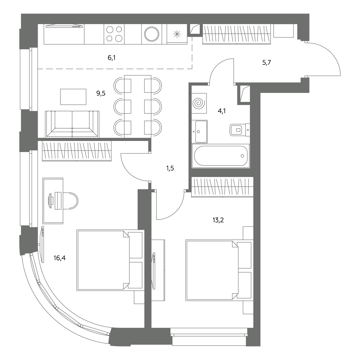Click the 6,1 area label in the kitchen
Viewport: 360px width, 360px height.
pyautogui.click(x=112, y=58)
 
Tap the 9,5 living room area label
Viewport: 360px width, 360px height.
pyautogui.click(x=101, y=93)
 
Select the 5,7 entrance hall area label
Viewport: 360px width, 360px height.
pyautogui.click(x=267, y=63)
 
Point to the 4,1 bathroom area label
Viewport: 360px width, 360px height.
pyautogui.click(x=222, y=111)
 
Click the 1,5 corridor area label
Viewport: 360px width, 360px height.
pyautogui.click(x=170, y=169)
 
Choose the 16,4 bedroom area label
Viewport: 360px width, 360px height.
pyautogui.click(x=60, y=258)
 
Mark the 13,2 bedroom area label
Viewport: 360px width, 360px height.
pyautogui.click(x=218, y=220)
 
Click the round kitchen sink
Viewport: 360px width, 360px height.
pyautogui.click(x=152, y=34)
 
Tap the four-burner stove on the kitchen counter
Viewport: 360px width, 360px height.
pyautogui.click(x=114, y=34)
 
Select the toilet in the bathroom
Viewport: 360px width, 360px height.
pyautogui.click(x=240, y=130)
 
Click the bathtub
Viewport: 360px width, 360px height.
pyautogui.click(x=221, y=156)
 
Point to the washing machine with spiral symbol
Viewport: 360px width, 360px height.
pyautogui.click(x=199, y=103)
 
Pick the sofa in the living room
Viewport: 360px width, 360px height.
pyautogui.click(x=72, y=124)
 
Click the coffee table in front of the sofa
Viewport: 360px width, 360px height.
pyautogui.click(x=73, y=97)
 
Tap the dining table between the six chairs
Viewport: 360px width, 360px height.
pyautogui.click(x=138, y=107)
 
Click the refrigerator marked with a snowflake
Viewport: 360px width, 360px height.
pyautogui.click(x=177, y=34)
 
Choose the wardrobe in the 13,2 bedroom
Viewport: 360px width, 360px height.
pyautogui.click(x=222, y=187)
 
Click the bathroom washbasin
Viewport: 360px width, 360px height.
pyautogui.click(x=199, y=131)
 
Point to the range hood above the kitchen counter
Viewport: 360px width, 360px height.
pyautogui.click(x=64, y=26)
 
